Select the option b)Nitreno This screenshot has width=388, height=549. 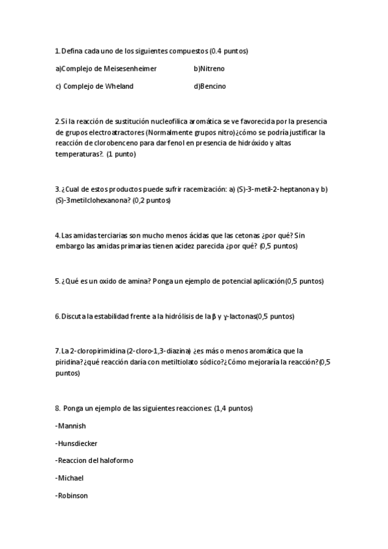tap(209, 69)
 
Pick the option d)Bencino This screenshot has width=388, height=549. tap(209, 86)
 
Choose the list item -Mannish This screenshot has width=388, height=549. tap(71, 426)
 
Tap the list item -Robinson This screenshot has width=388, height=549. tap(72, 495)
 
